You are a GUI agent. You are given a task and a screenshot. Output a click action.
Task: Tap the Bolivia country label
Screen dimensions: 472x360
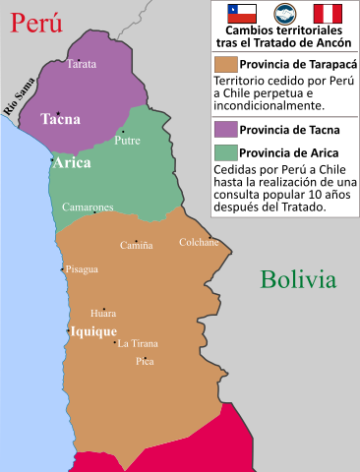coord(298,279)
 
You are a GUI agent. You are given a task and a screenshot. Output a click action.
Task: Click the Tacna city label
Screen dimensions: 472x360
coord(60,119)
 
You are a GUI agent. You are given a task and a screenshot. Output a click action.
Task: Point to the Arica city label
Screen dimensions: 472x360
coord(73,163)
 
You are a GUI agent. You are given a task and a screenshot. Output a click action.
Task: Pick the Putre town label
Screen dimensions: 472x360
coord(128,141)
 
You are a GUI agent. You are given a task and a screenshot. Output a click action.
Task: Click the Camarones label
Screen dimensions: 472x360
coord(88,207)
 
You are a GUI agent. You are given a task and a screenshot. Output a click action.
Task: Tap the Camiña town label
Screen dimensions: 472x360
coord(136,245)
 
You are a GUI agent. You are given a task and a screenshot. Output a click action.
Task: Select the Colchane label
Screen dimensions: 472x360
coord(199,242)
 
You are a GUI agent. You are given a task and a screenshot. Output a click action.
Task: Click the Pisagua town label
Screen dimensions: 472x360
coord(82,268)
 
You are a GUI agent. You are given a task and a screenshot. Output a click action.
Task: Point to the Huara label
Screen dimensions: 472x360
coord(103,313)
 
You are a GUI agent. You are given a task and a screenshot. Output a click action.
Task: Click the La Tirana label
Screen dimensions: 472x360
coord(138,343)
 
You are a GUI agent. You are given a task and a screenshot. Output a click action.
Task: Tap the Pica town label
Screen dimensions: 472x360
coord(145,361)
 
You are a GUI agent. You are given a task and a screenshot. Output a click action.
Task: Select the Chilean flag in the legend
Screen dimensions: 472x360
coord(242,14)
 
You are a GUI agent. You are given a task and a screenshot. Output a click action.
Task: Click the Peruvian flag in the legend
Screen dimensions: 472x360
coord(328,14)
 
